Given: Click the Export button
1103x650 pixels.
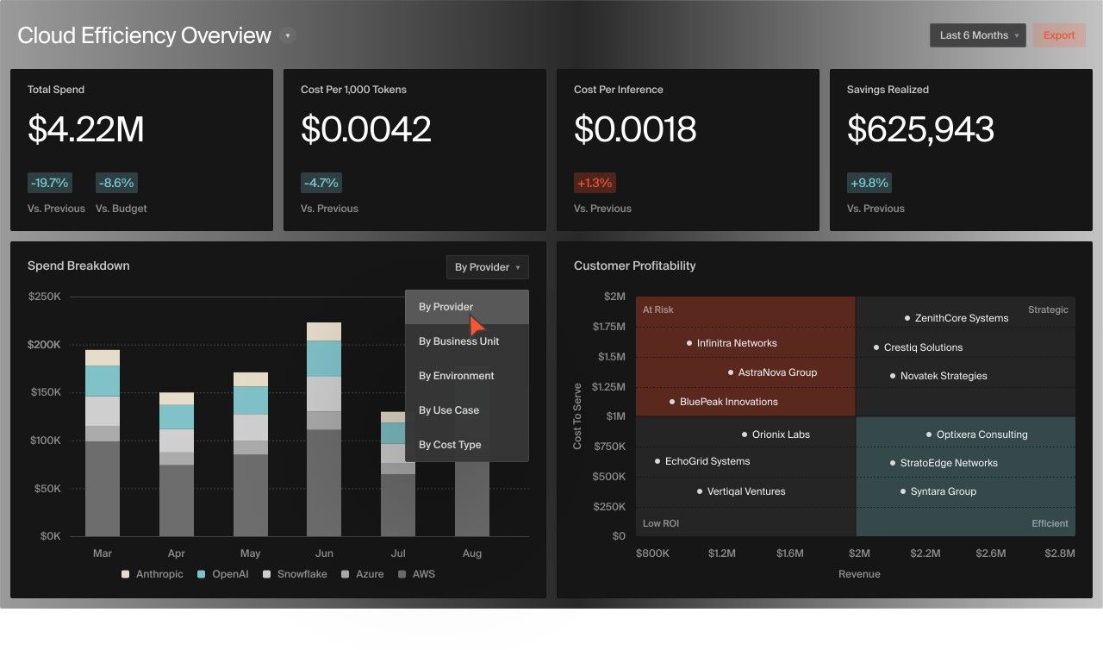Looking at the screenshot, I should point(1059,35).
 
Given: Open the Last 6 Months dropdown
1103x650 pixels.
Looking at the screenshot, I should point(977,35).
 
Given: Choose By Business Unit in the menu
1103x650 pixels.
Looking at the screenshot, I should point(458,341).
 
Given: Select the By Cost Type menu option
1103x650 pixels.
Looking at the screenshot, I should point(450,445).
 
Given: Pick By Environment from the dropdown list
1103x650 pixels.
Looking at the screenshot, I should point(456,376).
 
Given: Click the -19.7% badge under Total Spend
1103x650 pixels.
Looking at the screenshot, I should point(49,183).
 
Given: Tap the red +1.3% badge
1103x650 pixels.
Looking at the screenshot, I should point(595,183).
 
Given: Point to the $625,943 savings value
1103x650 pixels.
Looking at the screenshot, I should point(920,129).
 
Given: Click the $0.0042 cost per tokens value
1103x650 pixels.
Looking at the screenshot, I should point(365,129).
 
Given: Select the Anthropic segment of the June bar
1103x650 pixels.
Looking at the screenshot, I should point(324,332).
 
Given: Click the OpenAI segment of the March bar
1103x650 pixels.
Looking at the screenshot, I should point(103,381).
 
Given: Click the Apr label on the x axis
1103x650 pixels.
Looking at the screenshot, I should point(176,553).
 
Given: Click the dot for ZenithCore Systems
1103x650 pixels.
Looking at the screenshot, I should point(907,318).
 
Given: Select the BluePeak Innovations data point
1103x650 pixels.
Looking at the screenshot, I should point(672,402).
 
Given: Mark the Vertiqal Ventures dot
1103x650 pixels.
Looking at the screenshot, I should point(700,491).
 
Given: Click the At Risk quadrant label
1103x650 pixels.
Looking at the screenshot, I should point(658,310).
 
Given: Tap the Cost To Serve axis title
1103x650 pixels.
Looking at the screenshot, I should point(577,416).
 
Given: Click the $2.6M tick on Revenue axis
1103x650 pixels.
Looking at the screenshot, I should point(991,553).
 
